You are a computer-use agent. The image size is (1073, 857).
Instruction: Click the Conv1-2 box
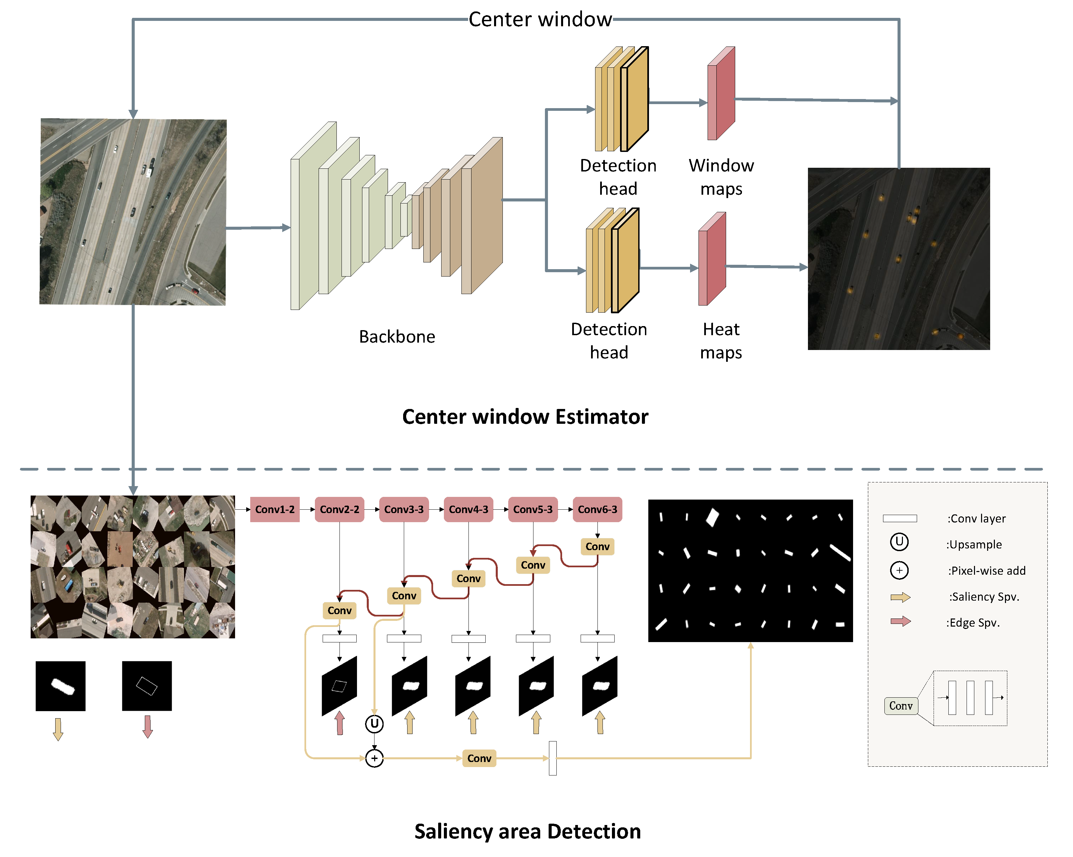pos(275,509)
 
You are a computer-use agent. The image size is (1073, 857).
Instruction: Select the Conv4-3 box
pos(468,509)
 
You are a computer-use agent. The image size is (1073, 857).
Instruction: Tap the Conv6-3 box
pos(597,509)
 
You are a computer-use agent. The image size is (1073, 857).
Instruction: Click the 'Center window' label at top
pos(540,20)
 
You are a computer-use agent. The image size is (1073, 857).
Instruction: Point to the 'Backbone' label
pos(397,337)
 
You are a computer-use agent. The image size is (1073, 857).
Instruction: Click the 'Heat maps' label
pos(721,341)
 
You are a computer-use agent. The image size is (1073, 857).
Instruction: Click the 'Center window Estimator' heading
pos(525,417)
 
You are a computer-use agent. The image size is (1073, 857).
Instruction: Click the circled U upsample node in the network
pos(374,724)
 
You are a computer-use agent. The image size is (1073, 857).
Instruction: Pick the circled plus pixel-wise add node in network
pos(374,758)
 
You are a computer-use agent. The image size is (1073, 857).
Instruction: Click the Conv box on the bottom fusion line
pos(479,758)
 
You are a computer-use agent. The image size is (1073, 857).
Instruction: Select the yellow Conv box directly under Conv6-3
pos(597,546)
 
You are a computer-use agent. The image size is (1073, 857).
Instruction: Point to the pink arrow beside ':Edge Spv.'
pos(900,621)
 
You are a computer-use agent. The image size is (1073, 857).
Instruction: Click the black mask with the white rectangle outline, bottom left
pos(147,686)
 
